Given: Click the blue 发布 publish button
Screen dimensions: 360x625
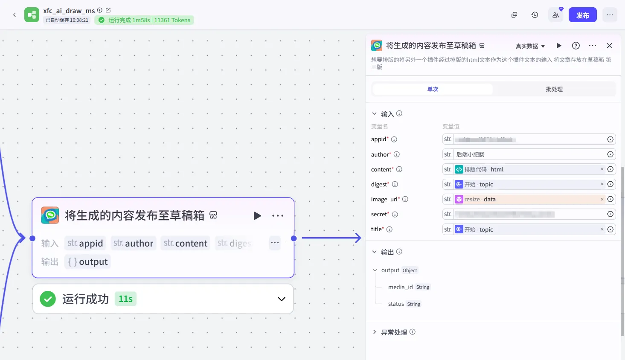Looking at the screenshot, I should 582,15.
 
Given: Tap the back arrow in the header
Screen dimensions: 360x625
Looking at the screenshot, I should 15,15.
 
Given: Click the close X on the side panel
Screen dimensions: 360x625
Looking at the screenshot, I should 609,46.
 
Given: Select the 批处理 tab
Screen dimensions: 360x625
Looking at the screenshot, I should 554,89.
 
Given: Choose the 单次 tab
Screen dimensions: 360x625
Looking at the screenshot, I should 433,89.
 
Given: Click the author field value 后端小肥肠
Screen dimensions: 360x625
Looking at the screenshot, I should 471,154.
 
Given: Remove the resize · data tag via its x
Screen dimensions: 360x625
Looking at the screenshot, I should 602,199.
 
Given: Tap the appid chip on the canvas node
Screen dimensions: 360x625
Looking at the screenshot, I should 85,243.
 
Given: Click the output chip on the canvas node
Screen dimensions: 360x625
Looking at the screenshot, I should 88,262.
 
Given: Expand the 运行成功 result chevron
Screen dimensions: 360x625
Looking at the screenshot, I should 282,299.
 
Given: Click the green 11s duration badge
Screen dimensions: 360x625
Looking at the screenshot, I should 125,299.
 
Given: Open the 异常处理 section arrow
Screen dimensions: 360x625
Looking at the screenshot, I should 375,332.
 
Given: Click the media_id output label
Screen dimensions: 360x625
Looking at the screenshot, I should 400,287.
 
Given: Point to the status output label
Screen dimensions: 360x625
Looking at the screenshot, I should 396,304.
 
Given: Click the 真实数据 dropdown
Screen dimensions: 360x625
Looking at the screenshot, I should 530,46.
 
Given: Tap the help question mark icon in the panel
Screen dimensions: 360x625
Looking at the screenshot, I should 576,46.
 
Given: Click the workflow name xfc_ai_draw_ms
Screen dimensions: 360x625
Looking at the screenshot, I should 69,11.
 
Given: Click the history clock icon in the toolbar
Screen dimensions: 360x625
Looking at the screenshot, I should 535,15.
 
